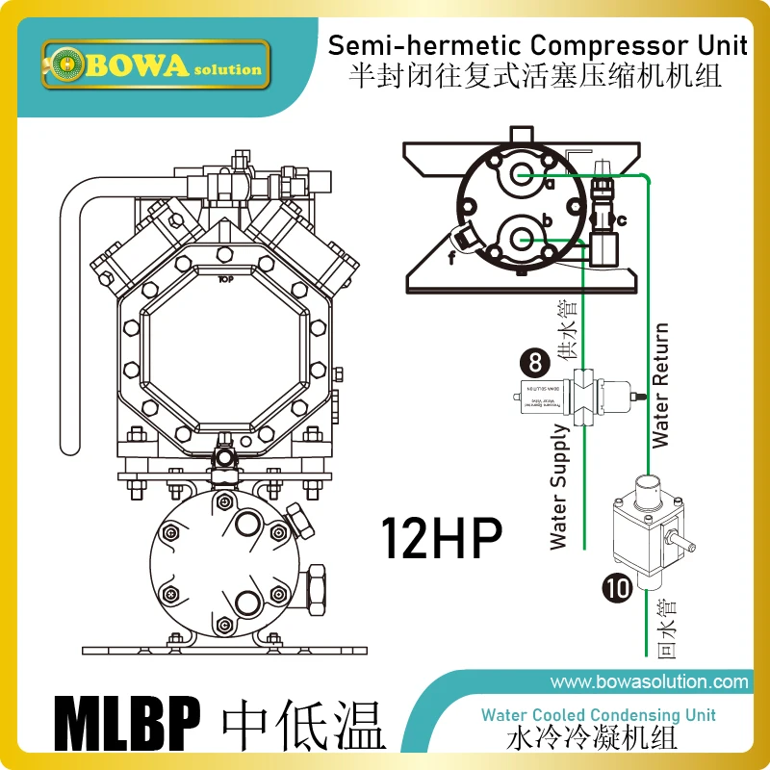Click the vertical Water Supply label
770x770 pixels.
click(x=560, y=486)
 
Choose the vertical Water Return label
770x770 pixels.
click(x=660, y=385)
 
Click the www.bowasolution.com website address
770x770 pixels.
click(x=649, y=682)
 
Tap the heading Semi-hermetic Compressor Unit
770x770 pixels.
click(x=538, y=45)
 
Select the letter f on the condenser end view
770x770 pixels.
click(x=451, y=257)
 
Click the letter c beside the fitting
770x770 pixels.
click(x=622, y=220)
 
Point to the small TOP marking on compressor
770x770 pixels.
click(x=227, y=279)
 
